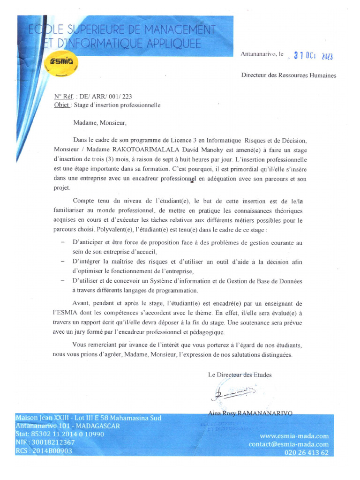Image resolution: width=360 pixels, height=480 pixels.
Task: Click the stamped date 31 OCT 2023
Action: [x=313, y=56]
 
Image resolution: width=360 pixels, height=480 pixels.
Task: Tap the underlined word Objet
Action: [x=62, y=105]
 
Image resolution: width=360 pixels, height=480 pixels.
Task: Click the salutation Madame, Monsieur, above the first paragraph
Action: [x=100, y=123]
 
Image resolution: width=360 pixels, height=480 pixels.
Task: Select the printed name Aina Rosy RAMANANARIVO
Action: [x=250, y=413]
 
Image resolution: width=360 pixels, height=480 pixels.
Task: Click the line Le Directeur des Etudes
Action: [x=240, y=375]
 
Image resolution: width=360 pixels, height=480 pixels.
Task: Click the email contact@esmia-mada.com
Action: [x=288, y=444]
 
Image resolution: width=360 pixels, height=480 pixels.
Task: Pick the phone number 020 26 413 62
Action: [x=306, y=452]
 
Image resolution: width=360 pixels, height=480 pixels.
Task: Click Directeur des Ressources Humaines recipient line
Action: [x=288, y=75]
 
